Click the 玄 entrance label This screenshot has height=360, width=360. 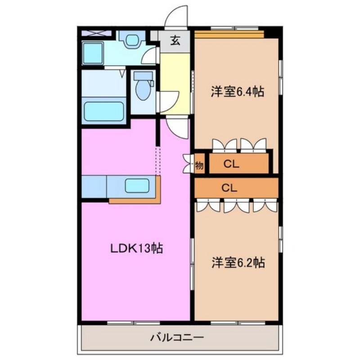(175, 41)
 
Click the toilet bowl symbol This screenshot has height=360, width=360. (143, 90)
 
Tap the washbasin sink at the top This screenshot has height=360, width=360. (132, 41)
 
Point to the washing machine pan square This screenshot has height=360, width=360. (93, 53)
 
